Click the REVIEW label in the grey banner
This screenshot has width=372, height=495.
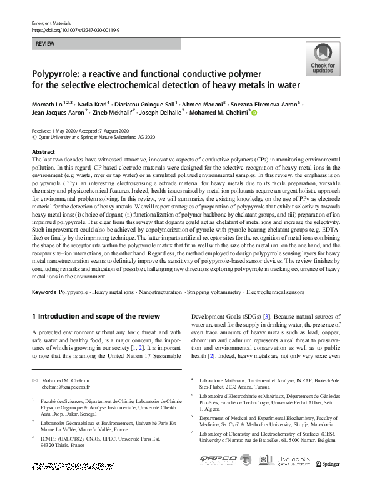[x=44, y=44]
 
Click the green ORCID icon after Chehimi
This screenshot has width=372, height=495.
[x=254, y=113]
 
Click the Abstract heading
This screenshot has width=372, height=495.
[x=43, y=152]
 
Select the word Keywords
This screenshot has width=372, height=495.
[x=44, y=292]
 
